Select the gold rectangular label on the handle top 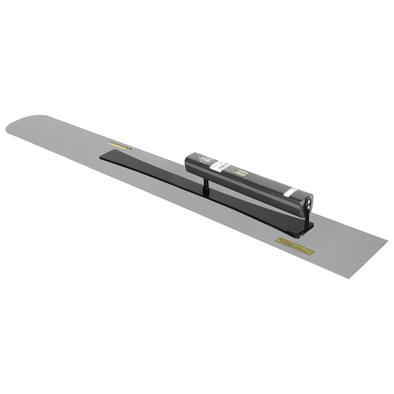[x=239, y=172]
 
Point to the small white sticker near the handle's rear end [x=290, y=192]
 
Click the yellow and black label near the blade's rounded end [x=120, y=146]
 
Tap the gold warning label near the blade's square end [x=295, y=246]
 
